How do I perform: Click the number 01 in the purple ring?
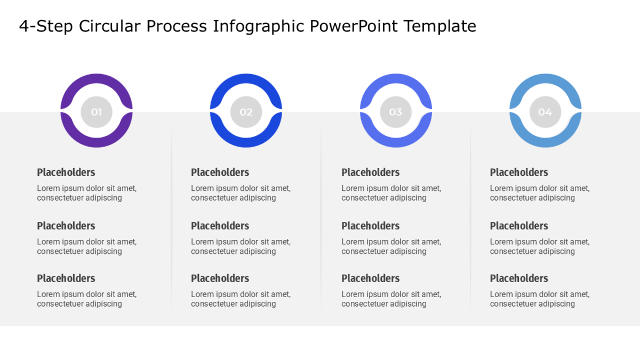tap(97, 112)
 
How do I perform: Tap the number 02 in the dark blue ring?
tap(246, 112)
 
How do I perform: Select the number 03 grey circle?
tap(396, 112)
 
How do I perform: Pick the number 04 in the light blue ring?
tap(545, 112)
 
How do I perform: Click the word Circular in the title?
tap(110, 26)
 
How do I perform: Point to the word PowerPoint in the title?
tap(354, 26)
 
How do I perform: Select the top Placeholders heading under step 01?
tap(66, 172)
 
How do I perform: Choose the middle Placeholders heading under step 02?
tap(220, 226)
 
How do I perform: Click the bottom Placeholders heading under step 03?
tap(371, 278)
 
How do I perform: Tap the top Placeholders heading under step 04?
tap(519, 172)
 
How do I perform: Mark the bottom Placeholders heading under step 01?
tap(66, 278)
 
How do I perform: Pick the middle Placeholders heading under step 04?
tap(519, 226)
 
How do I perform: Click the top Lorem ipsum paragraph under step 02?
tap(241, 193)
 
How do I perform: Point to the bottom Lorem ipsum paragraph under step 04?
tap(540, 299)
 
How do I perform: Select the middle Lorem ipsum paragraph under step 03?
tap(391, 246)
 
